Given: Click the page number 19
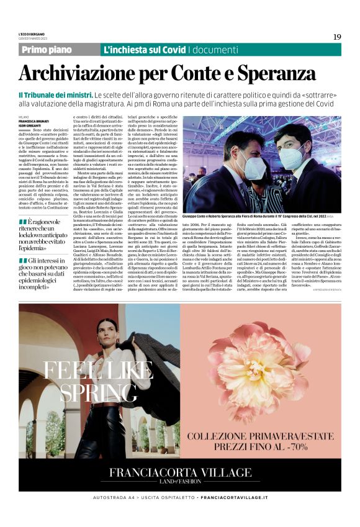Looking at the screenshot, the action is (x=337, y=37).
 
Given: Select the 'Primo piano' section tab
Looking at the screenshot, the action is (x=47, y=50).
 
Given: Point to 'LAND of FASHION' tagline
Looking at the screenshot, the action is (x=179, y=482).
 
